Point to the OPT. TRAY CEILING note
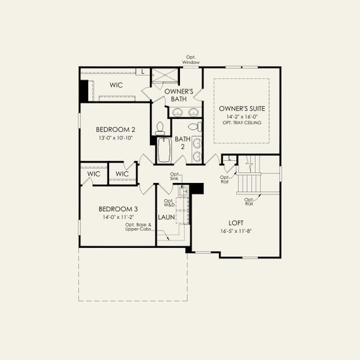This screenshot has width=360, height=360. click(241, 122)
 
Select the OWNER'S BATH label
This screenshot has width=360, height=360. click(178, 95)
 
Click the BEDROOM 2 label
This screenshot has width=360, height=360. click(115, 130)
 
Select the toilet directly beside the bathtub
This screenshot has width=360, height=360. click(160, 128)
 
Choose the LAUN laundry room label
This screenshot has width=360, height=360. click(166, 217)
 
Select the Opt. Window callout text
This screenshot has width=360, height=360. click(191, 60)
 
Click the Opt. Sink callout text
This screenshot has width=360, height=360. click(175, 176)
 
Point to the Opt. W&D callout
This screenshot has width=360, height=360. click(169, 203)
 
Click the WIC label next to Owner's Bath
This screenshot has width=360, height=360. click(116, 85)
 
